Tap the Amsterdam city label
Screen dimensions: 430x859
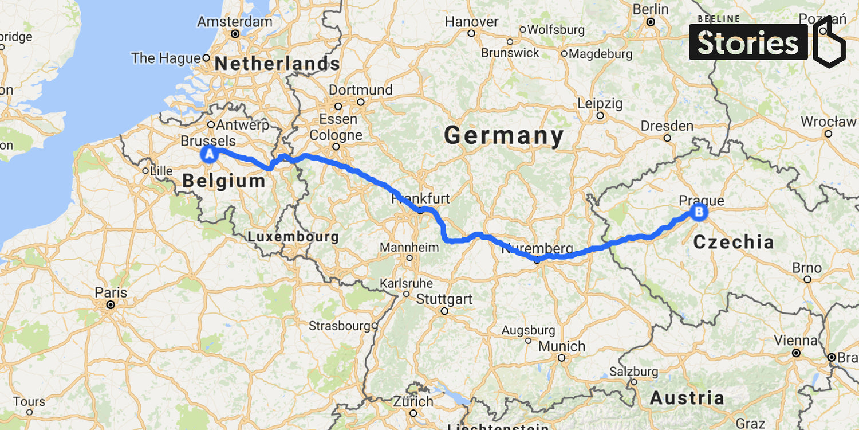tap(235, 22)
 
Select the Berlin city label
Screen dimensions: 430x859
tap(650, 10)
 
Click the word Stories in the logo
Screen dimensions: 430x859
tap(748, 43)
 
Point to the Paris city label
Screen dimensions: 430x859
tap(111, 292)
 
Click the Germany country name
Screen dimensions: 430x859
tap(504, 136)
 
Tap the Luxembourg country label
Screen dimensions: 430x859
tap(293, 237)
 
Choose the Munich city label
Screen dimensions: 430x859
tap(562, 346)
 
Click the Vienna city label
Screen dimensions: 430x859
tap(795, 340)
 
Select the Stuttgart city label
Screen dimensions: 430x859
tap(444, 299)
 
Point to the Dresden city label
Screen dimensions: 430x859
tap(667, 126)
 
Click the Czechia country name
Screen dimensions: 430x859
tap(733, 242)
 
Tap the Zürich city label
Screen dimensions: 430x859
tap(413, 401)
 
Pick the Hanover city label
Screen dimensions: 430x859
tap(472, 22)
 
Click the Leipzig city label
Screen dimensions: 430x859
tap(600, 104)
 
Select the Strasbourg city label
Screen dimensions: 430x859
tap(339, 326)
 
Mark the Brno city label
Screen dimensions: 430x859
tap(807, 268)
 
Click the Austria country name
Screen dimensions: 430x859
tap(687, 397)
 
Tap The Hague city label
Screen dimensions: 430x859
tap(166, 58)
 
